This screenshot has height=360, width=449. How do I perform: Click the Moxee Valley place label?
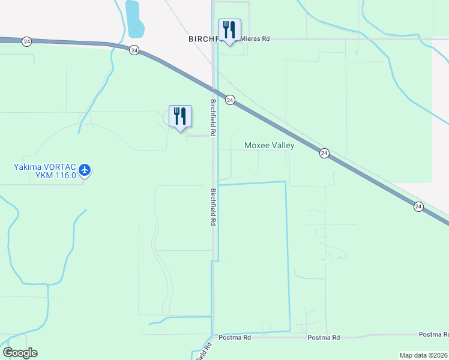coord(269,145)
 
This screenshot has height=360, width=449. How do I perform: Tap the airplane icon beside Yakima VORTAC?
coord(85,170)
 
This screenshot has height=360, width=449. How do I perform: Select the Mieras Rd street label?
coord(255,39)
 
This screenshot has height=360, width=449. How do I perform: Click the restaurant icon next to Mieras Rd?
coord(229,29)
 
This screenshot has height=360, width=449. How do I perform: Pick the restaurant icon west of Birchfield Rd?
coord(180,115)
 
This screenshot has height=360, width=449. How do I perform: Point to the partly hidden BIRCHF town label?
coord(202,38)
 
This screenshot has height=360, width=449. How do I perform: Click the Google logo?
coord(20,353)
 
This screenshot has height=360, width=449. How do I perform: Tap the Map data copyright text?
coord(424,355)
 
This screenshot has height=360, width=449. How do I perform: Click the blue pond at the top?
coord(134,18)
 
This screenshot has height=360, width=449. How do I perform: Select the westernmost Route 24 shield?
coord(26,41)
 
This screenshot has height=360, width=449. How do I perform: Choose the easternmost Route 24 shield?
coord(418,206)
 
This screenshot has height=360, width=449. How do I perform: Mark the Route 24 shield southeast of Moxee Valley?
coord(324,153)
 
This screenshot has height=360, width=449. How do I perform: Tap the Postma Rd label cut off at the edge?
coord(433,334)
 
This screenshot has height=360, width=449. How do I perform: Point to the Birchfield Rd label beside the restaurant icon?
coord(212,117)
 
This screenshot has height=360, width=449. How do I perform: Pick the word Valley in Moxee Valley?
coord(282,145)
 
